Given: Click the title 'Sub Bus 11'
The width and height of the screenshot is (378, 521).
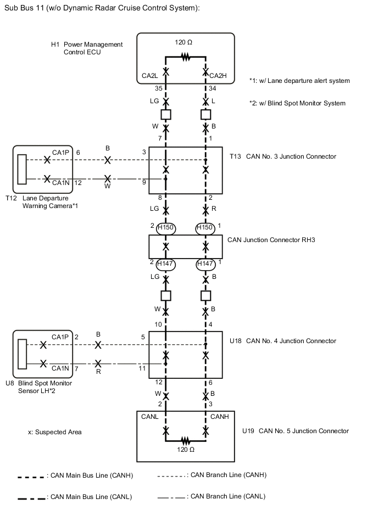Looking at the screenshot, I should tap(26, 8).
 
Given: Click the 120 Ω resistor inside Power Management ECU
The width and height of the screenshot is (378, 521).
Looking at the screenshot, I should tap(186, 56).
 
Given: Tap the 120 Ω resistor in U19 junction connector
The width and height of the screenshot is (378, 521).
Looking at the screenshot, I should tap(186, 440).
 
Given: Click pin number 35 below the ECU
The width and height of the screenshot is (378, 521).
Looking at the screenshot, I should tap(159, 88).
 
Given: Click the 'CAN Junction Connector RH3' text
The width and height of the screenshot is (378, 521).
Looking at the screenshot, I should tap(271, 240).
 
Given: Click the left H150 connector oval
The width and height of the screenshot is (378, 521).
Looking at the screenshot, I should tap(165, 227).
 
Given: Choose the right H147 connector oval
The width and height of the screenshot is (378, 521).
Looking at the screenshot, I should tap(205, 264).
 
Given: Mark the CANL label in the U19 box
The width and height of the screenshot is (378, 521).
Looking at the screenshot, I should tap(150, 417).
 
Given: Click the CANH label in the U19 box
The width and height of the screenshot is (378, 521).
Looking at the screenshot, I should tap(219, 417).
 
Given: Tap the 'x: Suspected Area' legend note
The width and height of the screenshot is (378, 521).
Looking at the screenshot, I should tap(54, 432).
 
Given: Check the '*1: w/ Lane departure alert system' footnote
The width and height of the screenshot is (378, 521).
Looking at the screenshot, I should tap(299, 81).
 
